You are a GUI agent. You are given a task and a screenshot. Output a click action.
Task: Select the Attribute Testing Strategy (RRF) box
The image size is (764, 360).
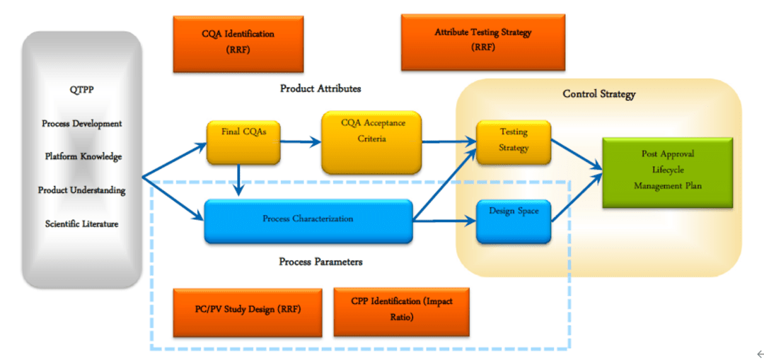point(482,42)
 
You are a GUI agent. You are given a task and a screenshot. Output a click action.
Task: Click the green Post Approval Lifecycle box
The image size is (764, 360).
point(667,173)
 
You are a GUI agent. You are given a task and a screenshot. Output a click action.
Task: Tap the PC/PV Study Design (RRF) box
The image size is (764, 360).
point(247,312)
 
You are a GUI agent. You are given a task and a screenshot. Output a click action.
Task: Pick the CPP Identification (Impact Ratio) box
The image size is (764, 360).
point(401,311)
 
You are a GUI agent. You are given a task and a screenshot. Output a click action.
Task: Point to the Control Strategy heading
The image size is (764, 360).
point(598,94)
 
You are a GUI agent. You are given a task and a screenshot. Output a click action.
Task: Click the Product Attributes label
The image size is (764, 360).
point(320,88)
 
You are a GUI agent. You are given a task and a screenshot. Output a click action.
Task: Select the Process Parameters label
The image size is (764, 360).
point(320,262)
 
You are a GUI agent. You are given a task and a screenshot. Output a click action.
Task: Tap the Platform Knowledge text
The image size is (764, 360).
point(81,156)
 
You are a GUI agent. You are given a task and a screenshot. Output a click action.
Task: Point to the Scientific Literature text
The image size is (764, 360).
point(81,224)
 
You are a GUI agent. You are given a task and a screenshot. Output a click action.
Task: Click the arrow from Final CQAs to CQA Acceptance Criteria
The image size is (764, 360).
point(300,142)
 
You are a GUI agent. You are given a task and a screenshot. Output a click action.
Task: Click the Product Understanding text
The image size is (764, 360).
point(81,190)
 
